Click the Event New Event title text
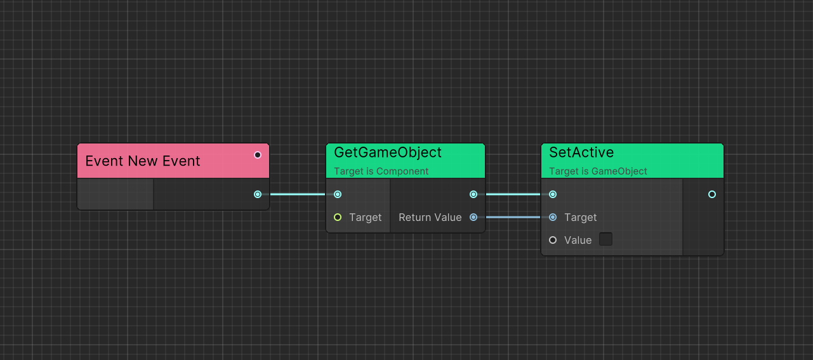pyautogui.click(x=143, y=161)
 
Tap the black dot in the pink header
pyautogui.click(x=258, y=155)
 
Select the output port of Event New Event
pyautogui.click(x=258, y=194)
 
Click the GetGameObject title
pyautogui.click(x=388, y=152)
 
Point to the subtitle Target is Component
pyautogui.click(x=381, y=171)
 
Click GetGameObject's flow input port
pyautogui.click(x=338, y=194)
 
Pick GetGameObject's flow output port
pyautogui.click(x=473, y=194)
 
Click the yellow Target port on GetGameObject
pyautogui.click(x=338, y=217)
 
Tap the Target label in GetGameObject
pyautogui.click(x=365, y=217)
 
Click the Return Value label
pyautogui.click(x=430, y=217)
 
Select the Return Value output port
pyautogui.click(x=473, y=217)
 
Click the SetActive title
pyautogui.click(x=581, y=152)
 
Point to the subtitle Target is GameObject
pyautogui.click(x=598, y=171)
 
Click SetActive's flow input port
pyautogui.click(x=553, y=194)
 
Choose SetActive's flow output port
pyautogui.click(x=712, y=194)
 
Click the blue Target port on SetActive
pyautogui.click(x=553, y=217)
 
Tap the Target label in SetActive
pyautogui.click(x=580, y=217)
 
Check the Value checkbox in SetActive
pyautogui.click(x=605, y=239)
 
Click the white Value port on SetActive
pyautogui.click(x=553, y=240)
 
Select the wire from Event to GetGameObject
pyautogui.click(x=298, y=194)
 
